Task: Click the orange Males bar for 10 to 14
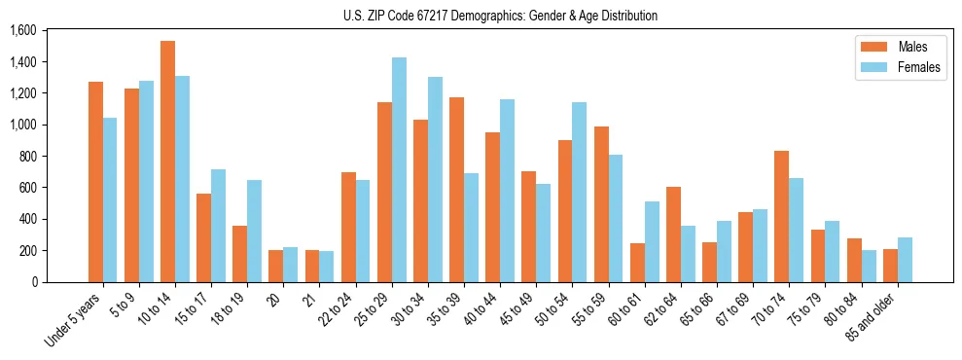[167, 162]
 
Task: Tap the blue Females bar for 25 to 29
[399, 169]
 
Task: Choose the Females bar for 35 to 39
[471, 228]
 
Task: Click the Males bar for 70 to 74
[780, 216]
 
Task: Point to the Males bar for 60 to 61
[636, 263]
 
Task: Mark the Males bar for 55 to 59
[600, 204]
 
